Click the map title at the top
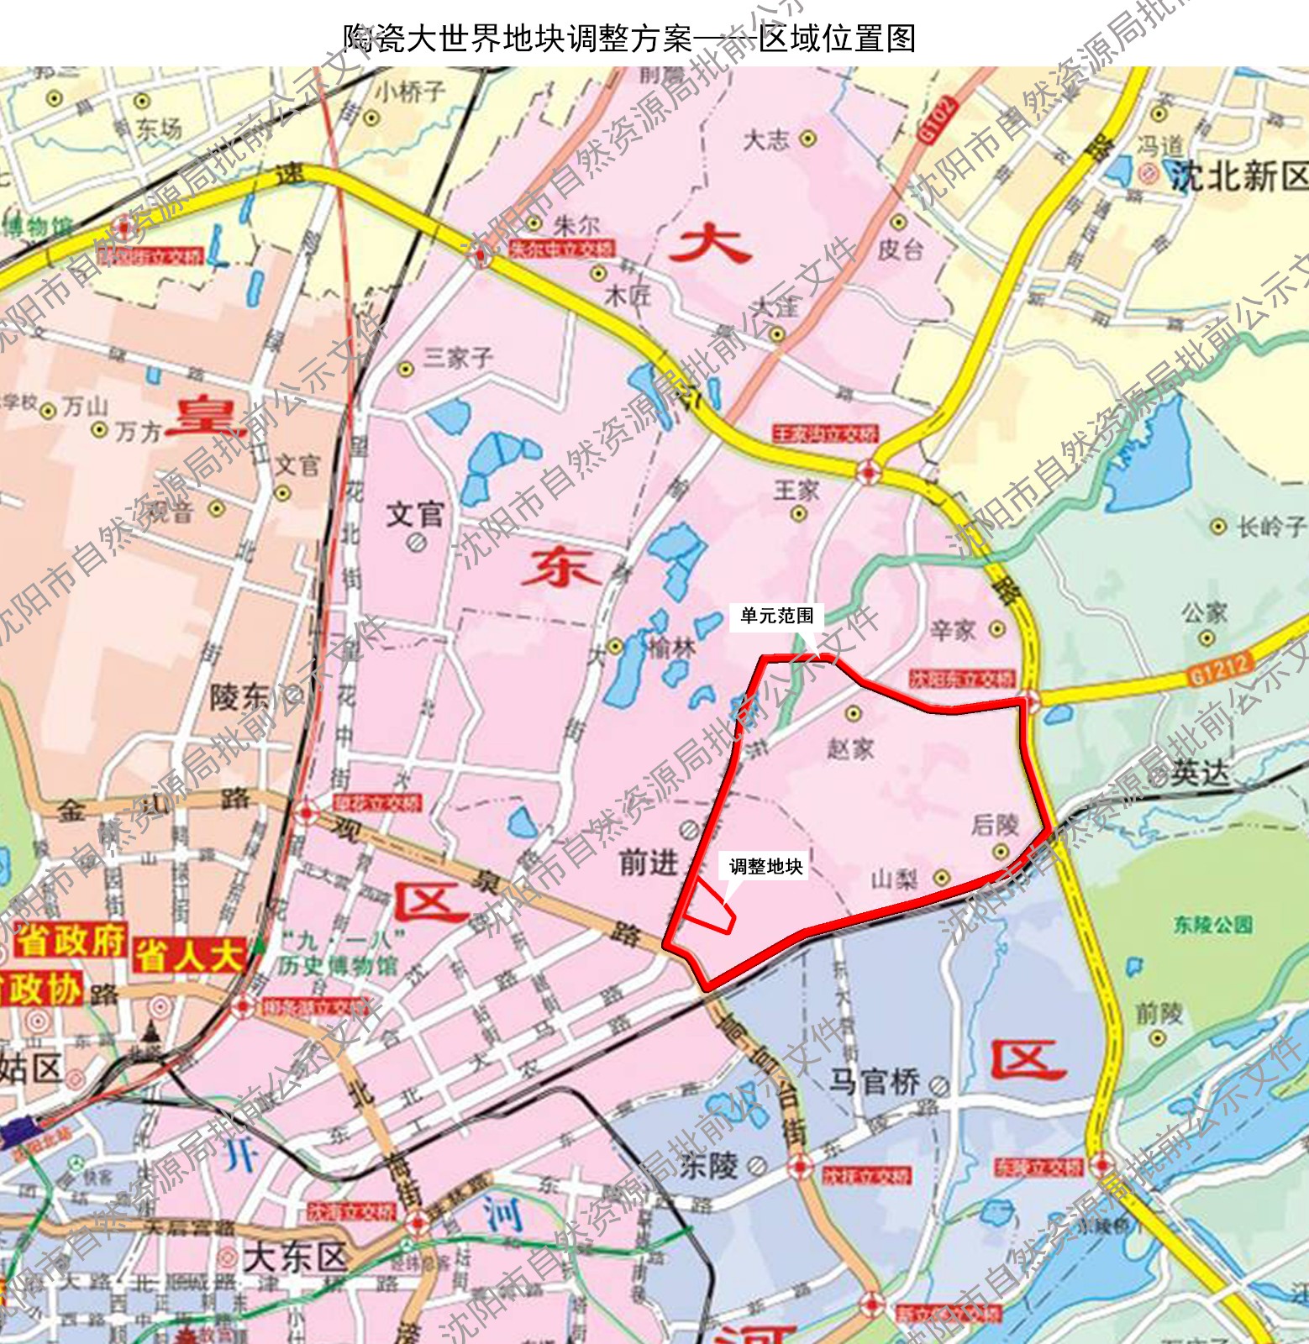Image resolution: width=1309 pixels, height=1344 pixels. (629, 39)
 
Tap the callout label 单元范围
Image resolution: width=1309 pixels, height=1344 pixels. (776, 616)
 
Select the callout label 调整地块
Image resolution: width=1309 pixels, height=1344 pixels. (765, 866)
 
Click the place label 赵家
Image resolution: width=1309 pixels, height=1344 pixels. (850, 748)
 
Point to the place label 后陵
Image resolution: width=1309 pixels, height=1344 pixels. (995, 825)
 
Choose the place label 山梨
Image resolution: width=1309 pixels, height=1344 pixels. (894, 879)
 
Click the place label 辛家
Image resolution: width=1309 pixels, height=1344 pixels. (953, 630)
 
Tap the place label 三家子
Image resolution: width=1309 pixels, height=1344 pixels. (458, 359)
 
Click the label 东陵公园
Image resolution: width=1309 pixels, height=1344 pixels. (1212, 925)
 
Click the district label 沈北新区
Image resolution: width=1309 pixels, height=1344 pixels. (1239, 176)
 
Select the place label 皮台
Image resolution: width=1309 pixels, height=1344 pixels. (901, 249)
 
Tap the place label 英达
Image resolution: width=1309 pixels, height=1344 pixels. (1200, 773)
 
